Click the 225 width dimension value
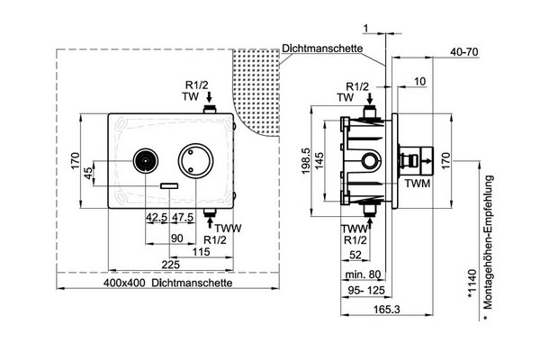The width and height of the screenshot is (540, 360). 171,265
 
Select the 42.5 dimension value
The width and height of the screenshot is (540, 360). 157,218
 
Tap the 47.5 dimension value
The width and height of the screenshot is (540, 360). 183,218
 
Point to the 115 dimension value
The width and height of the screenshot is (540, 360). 201,252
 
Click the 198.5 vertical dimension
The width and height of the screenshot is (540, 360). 306,161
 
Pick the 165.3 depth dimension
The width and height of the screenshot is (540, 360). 387,310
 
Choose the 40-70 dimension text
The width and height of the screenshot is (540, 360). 464,52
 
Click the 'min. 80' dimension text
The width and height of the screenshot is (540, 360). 363,274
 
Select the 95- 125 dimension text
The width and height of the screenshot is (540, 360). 365,291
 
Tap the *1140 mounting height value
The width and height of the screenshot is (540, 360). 472,283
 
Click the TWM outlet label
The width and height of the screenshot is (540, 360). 418,184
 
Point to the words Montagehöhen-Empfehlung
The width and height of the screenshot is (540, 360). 489,242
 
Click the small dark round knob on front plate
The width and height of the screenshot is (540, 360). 146,160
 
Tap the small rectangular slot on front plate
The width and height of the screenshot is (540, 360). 169,186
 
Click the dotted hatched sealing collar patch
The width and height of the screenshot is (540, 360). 262,90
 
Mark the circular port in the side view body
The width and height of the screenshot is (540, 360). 371,160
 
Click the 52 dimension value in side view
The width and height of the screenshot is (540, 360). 355,255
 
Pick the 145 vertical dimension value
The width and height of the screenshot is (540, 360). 319,160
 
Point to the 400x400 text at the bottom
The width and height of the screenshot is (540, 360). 124,283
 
